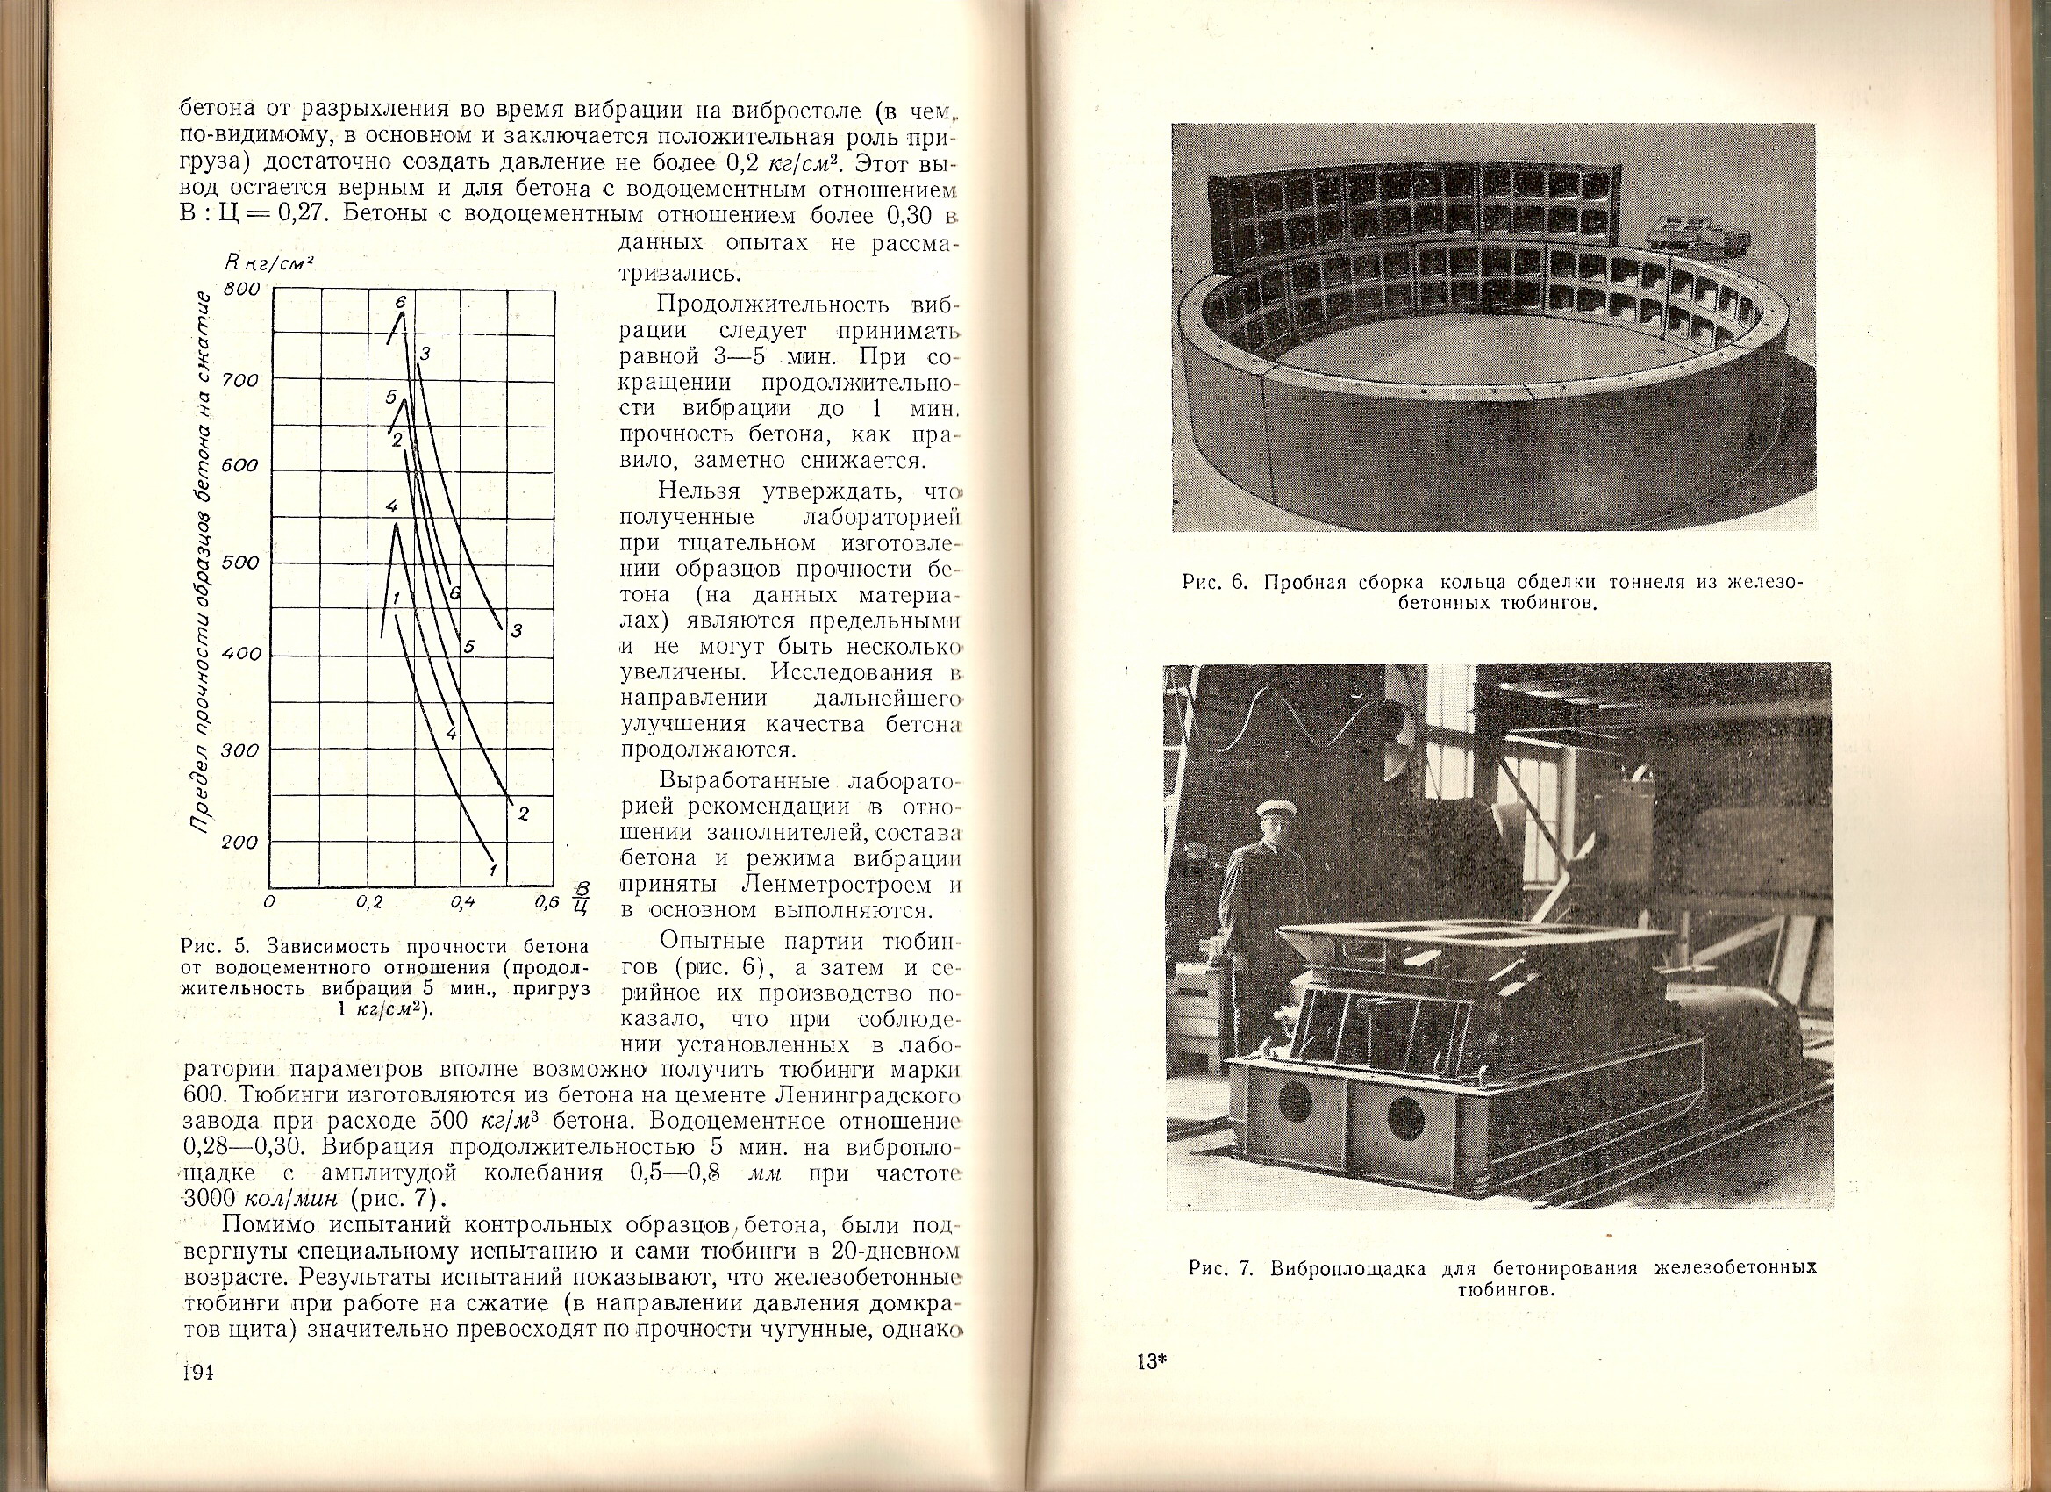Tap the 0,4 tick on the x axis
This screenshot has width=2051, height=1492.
(461, 903)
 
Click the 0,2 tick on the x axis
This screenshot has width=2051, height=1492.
(369, 903)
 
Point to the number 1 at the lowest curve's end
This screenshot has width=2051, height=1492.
(493, 871)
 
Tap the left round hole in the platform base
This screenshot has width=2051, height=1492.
(1295, 1103)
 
